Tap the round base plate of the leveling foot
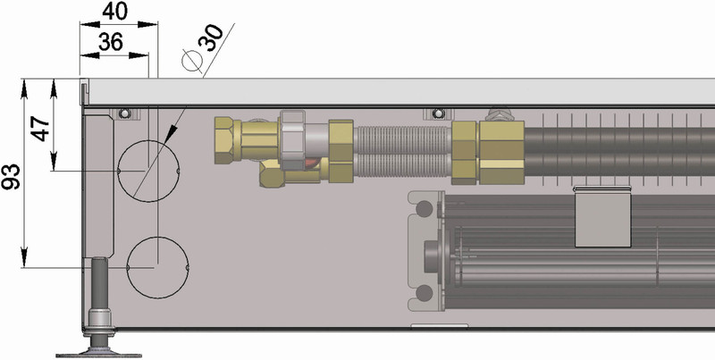(101, 350)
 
